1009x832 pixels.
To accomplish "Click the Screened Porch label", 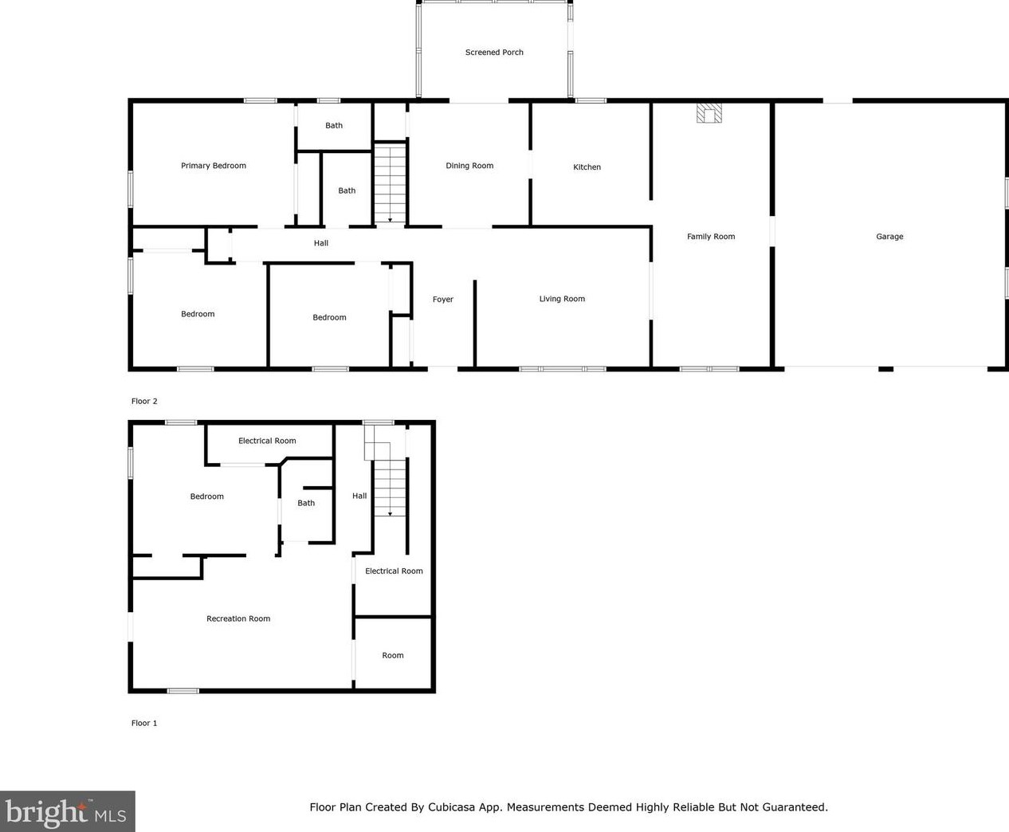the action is (494, 52).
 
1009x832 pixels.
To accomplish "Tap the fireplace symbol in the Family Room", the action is (709, 113).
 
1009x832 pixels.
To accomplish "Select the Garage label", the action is (889, 236).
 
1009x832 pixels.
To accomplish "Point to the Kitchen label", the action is (587, 167).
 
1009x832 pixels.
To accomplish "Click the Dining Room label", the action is (469, 166).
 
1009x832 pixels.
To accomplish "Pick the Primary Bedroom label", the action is (213, 166).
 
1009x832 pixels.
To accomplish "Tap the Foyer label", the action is (442, 300).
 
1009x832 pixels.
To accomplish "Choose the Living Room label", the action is (562, 299).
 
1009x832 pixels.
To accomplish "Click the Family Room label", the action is (711, 236).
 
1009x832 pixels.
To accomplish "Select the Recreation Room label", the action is (238, 618).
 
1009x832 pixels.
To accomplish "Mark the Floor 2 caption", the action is (144, 401).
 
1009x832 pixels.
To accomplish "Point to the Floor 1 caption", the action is (144, 723).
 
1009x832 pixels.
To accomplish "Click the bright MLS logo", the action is (67, 811).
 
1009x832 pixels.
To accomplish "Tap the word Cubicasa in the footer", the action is (451, 806).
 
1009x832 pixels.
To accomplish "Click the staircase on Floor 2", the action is (390, 183).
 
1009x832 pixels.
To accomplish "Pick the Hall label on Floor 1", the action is (359, 496).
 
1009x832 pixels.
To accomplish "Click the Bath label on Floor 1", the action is (306, 503).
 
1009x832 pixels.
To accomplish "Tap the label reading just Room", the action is (392, 655).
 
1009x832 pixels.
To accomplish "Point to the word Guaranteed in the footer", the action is (795, 806).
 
